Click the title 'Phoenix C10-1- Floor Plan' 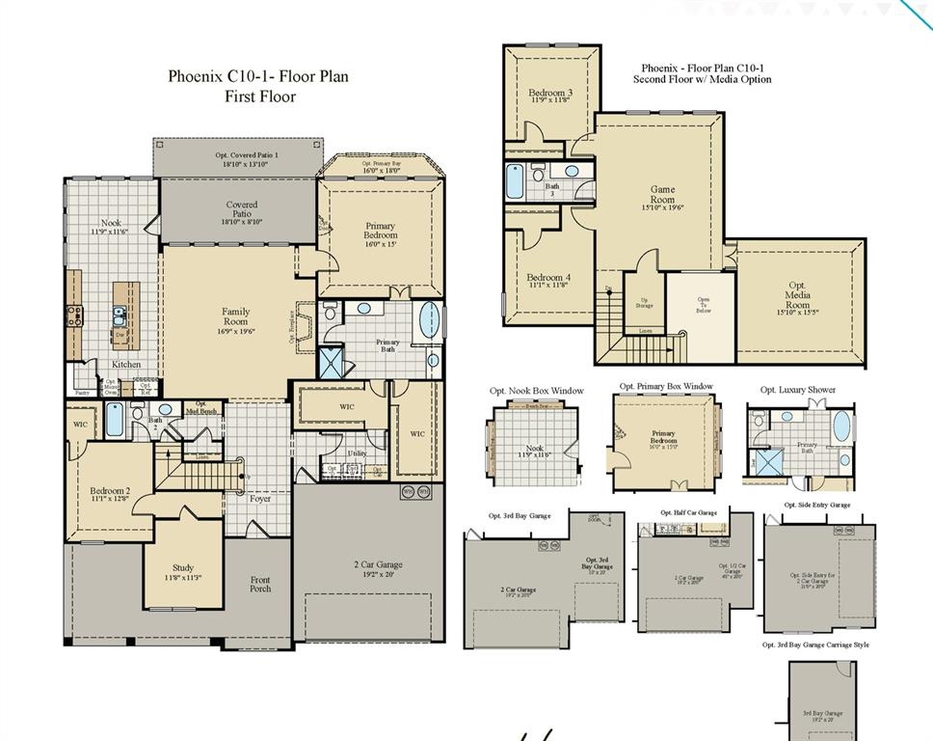pyautogui.click(x=258, y=75)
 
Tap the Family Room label pyautogui.click(x=236, y=317)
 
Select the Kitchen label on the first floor pyautogui.click(x=125, y=365)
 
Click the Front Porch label pyautogui.click(x=260, y=585)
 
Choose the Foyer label pyautogui.click(x=260, y=499)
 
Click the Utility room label pyautogui.click(x=357, y=453)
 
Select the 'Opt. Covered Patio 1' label pyautogui.click(x=237, y=159)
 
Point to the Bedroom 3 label pyautogui.click(x=550, y=96)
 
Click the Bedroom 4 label pyautogui.click(x=548, y=281)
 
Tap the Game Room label pyautogui.click(x=662, y=195)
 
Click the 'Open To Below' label pyautogui.click(x=704, y=304)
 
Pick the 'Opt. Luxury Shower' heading pyautogui.click(x=798, y=390)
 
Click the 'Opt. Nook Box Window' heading pyautogui.click(x=536, y=391)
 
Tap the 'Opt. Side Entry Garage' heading pyautogui.click(x=816, y=505)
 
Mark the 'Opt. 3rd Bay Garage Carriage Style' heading pyautogui.click(x=815, y=645)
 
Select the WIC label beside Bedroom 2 pyautogui.click(x=79, y=424)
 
